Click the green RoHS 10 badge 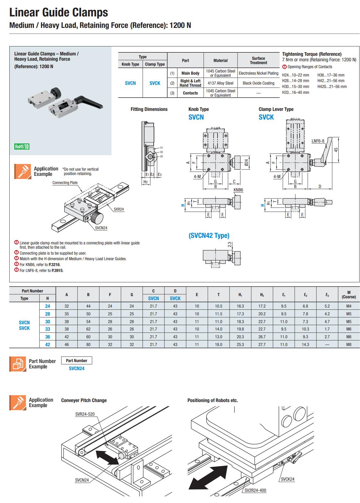pyautogui.click(x=22, y=147)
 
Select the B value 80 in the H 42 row pyautogui.click(x=88, y=344)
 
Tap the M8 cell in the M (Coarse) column pyautogui.click(x=349, y=344)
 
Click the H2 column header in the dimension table pyautogui.click(x=262, y=295)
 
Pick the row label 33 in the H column pyautogui.click(x=47, y=329)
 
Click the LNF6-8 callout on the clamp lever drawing pyautogui.click(x=318, y=141)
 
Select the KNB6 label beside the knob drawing pyautogui.click(x=238, y=190)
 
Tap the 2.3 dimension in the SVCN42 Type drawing pyautogui.click(x=230, y=244)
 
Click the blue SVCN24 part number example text pyautogui.click(x=77, y=369)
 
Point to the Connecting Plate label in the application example pyautogui.click(x=65, y=183)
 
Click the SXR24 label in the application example pyautogui.click(x=118, y=209)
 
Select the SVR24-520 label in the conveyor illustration pyautogui.click(x=85, y=414)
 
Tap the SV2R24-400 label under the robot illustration pyautogui.click(x=255, y=490)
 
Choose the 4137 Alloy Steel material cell pyautogui.click(x=220, y=83)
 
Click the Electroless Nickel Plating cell pyautogui.click(x=258, y=73)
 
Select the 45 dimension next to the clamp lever pyautogui.click(x=336, y=149)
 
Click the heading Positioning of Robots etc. pyautogui.click(x=213, y=400)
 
